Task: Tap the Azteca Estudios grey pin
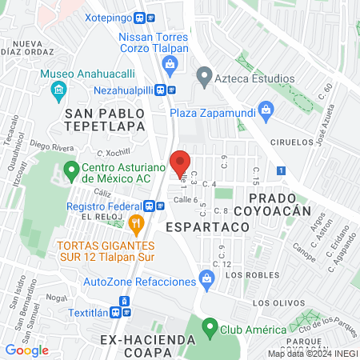(x=204, y=78)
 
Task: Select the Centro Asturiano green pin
(x=70, y=170)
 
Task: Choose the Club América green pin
(x=210, y=327)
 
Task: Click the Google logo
(x=26, y=350)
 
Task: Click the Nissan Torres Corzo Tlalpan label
(x=153, y=43)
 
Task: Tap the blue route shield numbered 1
(x=281, y=170)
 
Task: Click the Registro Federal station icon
(x=160, y=205)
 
